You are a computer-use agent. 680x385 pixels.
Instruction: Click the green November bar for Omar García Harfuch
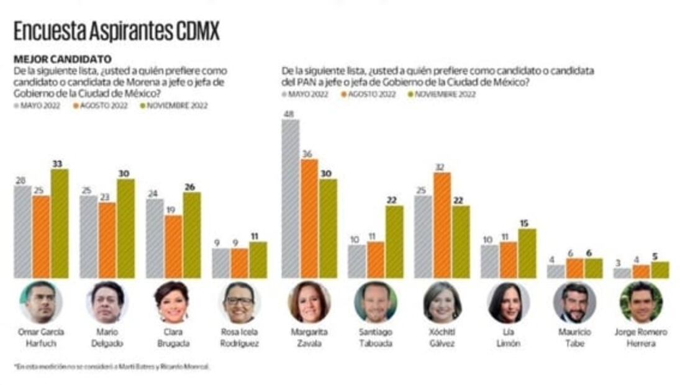(x=60, y=224)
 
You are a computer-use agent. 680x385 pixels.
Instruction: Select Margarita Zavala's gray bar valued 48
(x=290, y=199)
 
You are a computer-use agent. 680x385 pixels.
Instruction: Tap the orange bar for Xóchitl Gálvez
(x=442, y=225)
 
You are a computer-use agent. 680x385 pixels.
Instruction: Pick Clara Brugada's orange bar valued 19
(x=174, y=247)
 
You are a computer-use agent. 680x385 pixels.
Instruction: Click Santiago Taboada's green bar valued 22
(x=394, y=242)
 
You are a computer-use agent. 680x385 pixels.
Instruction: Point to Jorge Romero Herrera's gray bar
(x=622, y=273)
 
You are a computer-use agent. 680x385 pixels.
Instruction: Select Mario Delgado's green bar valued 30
(x=125, y=229)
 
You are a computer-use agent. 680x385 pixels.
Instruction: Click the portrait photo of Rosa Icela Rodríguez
(x=239, y=302)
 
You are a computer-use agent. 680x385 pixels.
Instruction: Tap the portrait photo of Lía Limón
(x=507, y=302)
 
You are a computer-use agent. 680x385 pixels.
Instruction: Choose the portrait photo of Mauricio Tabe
(x=574, y=302)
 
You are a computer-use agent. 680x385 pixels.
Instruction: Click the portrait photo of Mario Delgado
(x=107, y=302)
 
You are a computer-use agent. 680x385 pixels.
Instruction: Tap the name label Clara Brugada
(x=173, y=337)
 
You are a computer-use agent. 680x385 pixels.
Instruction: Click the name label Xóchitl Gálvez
(x=442, y=337)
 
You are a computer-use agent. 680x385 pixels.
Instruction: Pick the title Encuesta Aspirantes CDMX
(x=116, y=32)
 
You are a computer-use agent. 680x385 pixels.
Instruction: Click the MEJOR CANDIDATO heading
(x=62, y=60)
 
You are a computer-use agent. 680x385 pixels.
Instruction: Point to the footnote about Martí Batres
(x=112, y=367)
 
